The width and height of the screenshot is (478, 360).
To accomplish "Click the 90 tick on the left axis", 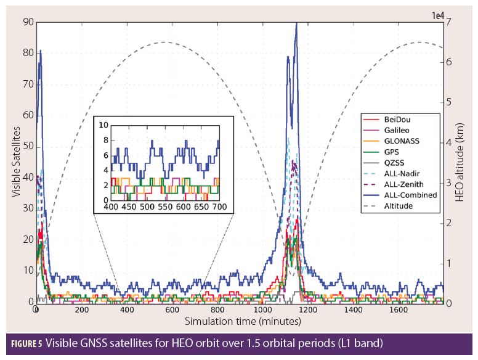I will pyautogui.click(x=28, y=22).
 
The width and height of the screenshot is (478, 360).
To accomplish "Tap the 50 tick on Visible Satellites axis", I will pyautogui.click(x=28, y=146).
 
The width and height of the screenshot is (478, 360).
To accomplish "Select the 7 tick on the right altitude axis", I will pyautogui.click(x=449, y=22).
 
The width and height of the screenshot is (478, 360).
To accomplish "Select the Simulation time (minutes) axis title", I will pyautogui.click(x=243, y=322).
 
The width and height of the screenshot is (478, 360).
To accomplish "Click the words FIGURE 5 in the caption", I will pyautogui.click(x=25, y=342).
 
